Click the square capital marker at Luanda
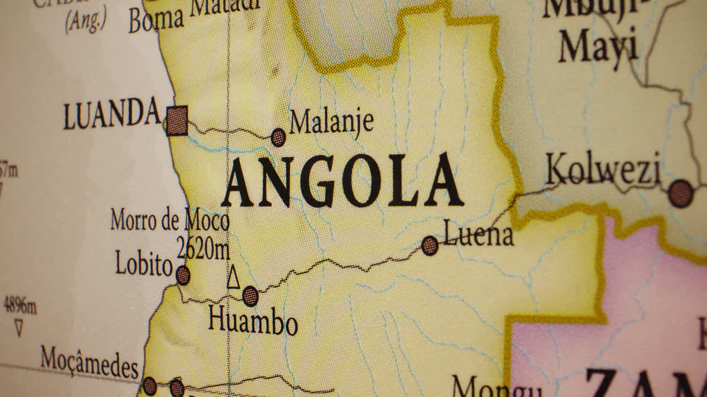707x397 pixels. (177, 121)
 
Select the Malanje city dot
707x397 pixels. (278, 137)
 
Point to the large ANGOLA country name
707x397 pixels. (342, 181)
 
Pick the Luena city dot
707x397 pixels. (430, 245)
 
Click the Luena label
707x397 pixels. (478, 235)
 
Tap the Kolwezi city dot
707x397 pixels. (680, 194)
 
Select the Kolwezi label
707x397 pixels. (603, 170)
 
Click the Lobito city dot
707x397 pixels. (183, 275)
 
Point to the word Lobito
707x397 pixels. (144, 264)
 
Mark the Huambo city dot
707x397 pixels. (250, 296)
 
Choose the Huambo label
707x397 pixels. (253, 321)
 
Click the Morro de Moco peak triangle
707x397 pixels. (234, 278)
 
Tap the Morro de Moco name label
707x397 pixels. (170, 220)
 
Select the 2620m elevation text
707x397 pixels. (203, 249)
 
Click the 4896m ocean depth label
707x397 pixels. (20, 305)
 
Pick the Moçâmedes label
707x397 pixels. (89, 362)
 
